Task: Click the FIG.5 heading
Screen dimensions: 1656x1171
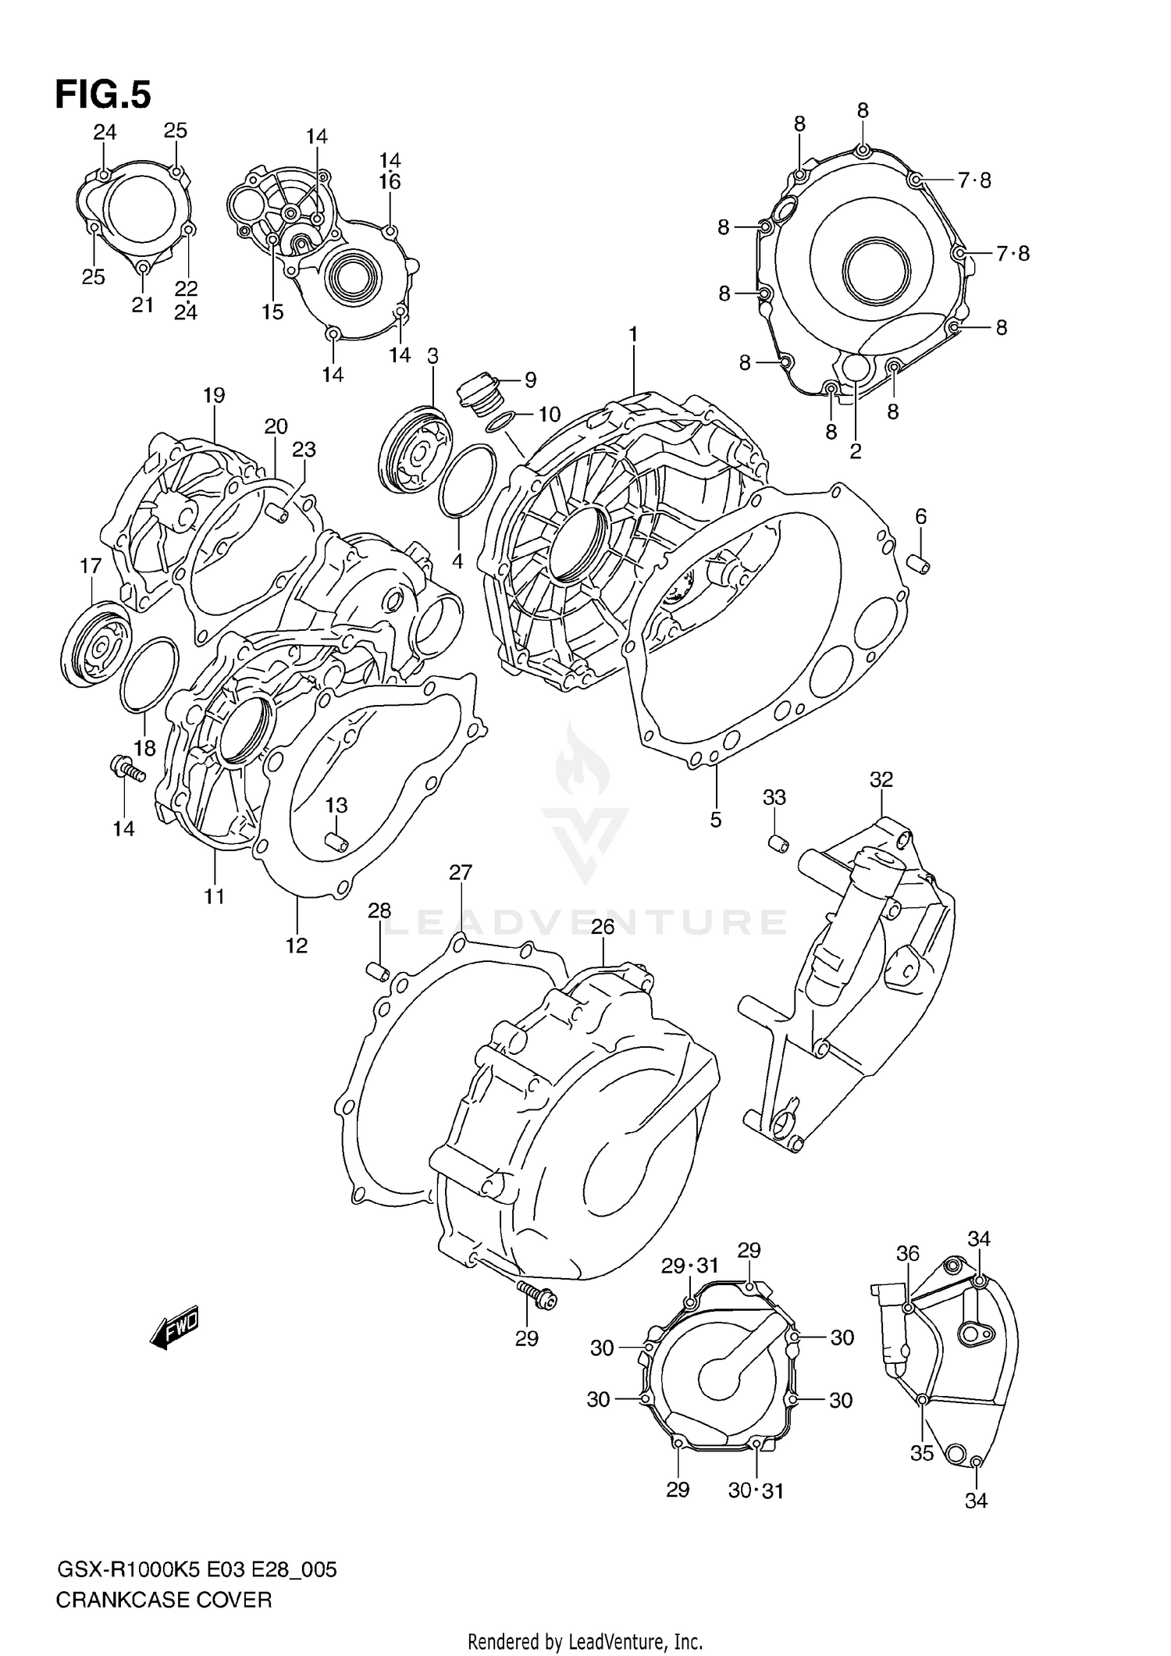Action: [103, 95]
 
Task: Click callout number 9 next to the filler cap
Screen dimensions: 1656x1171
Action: [530, 381]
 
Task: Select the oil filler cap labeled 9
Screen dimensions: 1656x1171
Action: [477, 392]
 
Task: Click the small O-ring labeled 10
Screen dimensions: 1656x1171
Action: [500, 422]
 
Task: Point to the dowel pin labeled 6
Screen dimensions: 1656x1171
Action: [920, 564]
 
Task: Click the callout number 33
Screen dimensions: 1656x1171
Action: [774, 798]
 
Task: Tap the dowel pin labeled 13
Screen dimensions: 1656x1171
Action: [336, 841]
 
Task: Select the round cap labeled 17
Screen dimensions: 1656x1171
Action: [97, 646]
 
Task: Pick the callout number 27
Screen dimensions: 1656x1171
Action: [461, 872]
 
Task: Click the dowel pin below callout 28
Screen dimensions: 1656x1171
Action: [378, 973]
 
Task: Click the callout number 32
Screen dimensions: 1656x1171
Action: [881, 779]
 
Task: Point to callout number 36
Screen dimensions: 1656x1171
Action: [908, 1253]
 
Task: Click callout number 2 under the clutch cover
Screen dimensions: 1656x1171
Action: [856, 451]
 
